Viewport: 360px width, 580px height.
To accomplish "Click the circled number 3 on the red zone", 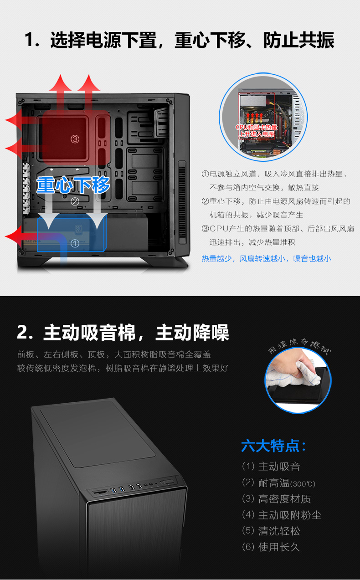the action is [x=75, y=139].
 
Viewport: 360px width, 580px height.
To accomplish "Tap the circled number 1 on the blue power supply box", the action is [x=75, y=243].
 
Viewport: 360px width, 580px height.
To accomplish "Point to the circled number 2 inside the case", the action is [x=75, y=201].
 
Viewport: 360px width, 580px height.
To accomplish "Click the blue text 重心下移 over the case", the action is [x=73, y=185].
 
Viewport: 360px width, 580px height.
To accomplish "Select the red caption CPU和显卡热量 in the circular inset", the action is [x=257, y=127].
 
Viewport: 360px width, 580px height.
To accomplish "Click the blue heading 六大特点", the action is [x=273, y=446].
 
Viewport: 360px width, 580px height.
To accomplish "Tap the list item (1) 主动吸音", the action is [x=271, y=467].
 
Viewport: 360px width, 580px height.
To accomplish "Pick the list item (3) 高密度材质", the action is [x=276, y=499].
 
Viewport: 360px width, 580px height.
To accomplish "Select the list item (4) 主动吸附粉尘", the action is [x=282, y=515].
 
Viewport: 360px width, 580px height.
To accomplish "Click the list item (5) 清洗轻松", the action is [x=271, y=531].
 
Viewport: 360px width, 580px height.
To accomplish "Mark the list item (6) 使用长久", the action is [x=271, y=547].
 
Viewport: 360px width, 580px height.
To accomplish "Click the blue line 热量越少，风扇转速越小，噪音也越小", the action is [x=266, y=258].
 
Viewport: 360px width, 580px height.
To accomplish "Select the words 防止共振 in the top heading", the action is [x=298, y=40].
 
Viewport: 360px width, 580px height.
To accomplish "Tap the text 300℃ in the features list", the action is [x=303, y=484].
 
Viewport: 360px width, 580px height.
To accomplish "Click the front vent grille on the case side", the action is [x=182, y=202].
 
